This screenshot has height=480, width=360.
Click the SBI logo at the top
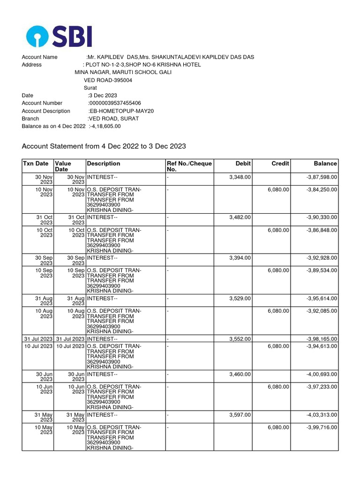point(59,36)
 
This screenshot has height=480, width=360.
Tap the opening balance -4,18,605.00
point(105,126)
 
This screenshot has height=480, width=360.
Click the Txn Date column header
point(36,164)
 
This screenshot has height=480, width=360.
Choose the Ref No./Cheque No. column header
point(189,166)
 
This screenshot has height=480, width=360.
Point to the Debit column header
point(243,164)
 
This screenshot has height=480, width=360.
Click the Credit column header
point(280,164)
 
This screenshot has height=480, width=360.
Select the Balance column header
point(325,164)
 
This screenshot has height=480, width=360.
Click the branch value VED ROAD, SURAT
point(114,119)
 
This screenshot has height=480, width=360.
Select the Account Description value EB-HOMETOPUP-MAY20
point(121,111)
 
